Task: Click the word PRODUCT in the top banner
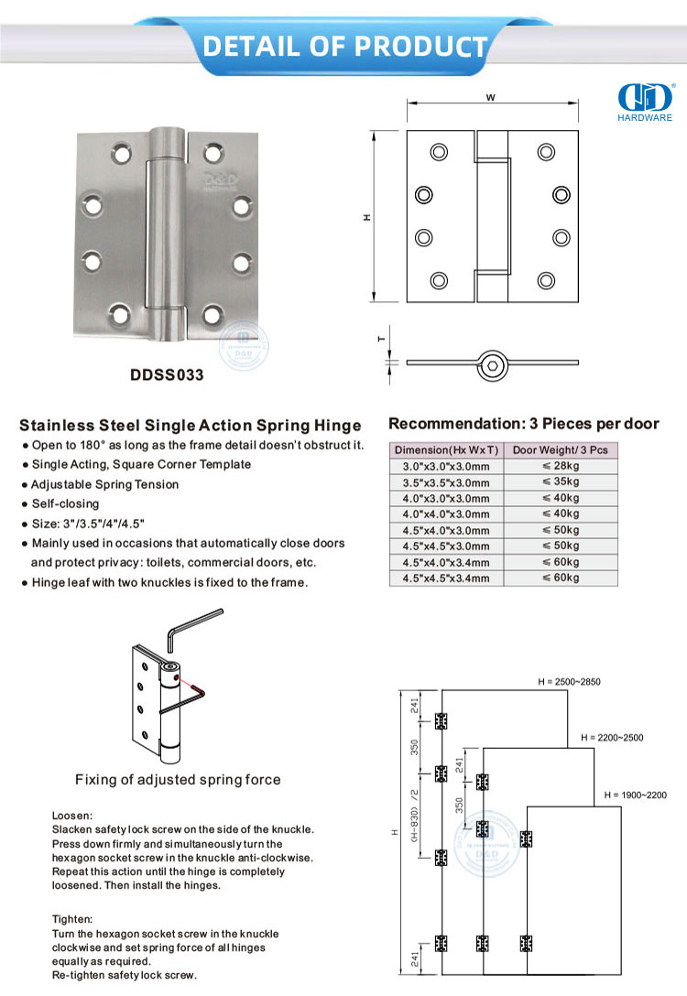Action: (x=420, y=45)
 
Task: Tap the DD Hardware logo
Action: (x=647, y=102)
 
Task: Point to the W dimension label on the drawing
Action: (x=492, y=96)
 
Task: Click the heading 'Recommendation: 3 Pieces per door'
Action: (x=524, y=424)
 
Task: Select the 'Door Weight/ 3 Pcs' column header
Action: (x=560, y=449)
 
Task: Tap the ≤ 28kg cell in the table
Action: (x=560, y=466)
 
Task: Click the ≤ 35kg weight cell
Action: (x=560, y=482)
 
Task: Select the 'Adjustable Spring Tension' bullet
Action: (x=104, y=484)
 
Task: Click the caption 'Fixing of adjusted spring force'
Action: (x=178, y=780)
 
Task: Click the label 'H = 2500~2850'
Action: (x=569, y=682)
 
